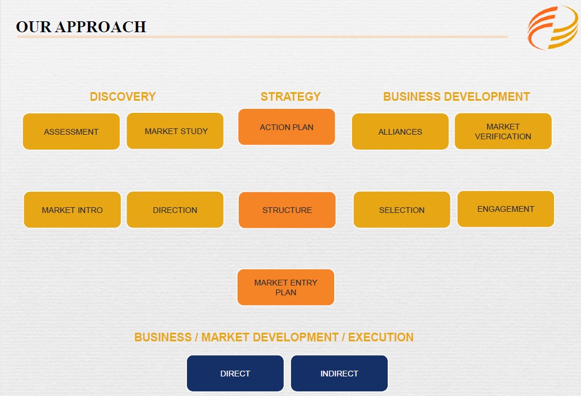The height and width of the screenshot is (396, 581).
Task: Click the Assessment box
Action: [71, 132]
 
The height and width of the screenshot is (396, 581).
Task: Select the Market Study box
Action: [175, 131]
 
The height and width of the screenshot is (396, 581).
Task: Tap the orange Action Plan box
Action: [286, 127]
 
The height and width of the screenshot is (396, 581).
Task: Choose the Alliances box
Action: [400, 132]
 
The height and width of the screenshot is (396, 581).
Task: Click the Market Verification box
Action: [503, 131]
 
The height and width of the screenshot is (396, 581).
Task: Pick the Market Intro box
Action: [72, 210]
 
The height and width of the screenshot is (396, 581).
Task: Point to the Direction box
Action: [175, 210]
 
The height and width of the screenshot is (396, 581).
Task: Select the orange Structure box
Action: [287, 210]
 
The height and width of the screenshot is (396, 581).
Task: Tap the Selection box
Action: [402, 210]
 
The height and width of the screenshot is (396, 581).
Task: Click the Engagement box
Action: [506, 209]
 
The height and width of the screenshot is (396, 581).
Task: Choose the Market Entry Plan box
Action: [286, 287]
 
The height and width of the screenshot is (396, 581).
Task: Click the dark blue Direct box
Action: [235, 374]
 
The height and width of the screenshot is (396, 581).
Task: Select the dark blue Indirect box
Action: [339, 374]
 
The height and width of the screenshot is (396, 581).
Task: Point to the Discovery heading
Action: [123, 97]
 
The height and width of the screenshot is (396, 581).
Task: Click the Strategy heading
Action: [290, 97]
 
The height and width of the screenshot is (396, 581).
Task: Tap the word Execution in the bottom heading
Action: [381, 337]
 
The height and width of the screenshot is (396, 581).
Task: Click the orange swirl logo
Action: [553, 28]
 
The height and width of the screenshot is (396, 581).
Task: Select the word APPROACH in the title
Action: [101, 27]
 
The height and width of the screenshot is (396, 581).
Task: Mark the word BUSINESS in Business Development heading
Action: [412, 97]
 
